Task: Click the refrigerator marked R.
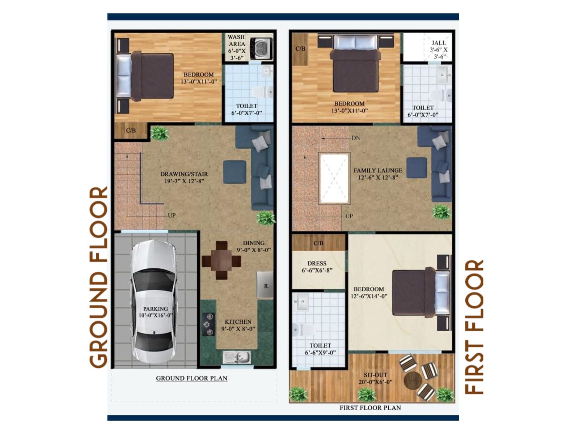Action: coord(265,285)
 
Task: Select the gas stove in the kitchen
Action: coord(208,324)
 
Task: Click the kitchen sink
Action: coord(237,358)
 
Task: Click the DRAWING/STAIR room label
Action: coord(184,177)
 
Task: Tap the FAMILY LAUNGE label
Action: coord(378,174)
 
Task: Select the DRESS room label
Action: coord(317,267)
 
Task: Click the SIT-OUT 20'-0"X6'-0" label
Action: coord(375,378)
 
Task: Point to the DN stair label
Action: coord(356,138)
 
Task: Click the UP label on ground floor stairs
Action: coord(172,215)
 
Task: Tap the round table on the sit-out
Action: coord(413,380)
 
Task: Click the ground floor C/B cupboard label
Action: coord(131,130)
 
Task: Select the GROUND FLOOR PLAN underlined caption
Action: coord(191,378)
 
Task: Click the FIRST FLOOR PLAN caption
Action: coord(370,408)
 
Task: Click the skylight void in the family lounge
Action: coord(334,178)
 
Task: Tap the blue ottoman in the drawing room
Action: coord(234,172)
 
